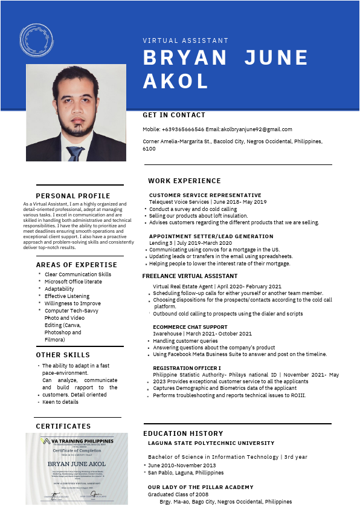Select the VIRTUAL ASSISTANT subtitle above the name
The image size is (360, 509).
pyautogui.click(x=185, y=41)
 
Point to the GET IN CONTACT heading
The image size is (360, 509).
pyautogui.click(x=174, y=115)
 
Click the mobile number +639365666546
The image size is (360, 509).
pyautogui.click(x=183, y=129)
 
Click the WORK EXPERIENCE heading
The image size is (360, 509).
pyautogui.click(x=184, y=181)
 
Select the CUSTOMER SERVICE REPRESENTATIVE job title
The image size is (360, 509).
pyautogui.click(x=205, y=195)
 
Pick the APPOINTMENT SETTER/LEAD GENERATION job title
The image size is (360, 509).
pyautogui.click(x=211, y=236)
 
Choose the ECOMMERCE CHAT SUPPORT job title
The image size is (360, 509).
pyautogui.click(x=190, y=327)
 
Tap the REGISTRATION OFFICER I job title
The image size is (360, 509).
pyautogui.click(x=186, y=368)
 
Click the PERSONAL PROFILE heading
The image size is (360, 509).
pyautogui.click(x=73, y=196)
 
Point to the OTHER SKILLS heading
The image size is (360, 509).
pyautogui.click(x=63, y=355)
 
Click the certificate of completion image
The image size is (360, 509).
pyautogui.click(x=77, y=468)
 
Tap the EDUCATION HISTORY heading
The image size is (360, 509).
pyautogui.click(x=183, y=433)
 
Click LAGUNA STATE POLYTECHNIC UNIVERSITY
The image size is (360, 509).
pyautogui.click(x=211, y=443)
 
